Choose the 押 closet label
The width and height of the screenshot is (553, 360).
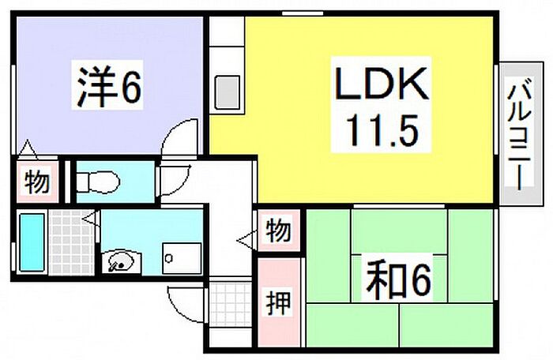[x=277, y=305]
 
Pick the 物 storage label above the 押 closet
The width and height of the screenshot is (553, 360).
[x=277, y=232]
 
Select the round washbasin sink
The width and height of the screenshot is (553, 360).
[x=118, y=259]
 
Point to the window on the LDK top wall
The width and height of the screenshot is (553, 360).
[x=303, y=13]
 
